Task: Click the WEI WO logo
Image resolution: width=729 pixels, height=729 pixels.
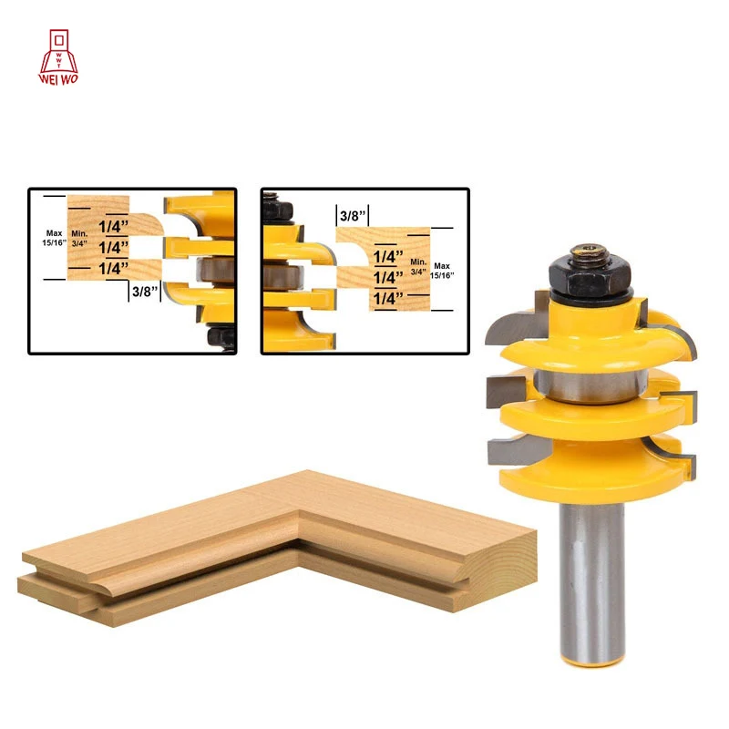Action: pos(58,57)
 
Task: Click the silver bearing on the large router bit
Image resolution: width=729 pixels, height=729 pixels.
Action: pos(590,385)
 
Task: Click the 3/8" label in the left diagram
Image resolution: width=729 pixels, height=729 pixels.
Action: pos(145,292)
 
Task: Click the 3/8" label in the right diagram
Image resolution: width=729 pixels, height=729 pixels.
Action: pos(353,216)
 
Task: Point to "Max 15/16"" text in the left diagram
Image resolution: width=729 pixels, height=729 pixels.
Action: pos(54,238)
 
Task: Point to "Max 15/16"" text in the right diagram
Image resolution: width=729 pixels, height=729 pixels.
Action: pos(442,271)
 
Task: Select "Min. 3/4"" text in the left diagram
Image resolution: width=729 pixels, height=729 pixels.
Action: pos(79,239)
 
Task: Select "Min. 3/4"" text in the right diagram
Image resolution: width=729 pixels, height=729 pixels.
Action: pos(418,267)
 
